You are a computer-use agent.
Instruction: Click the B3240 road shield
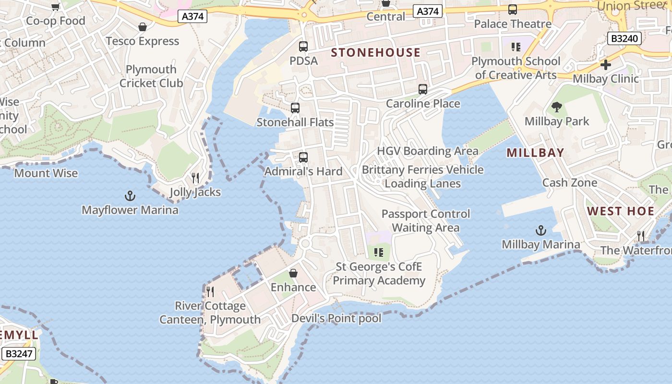coord(624,38)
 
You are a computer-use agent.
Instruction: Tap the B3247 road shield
coord(18,354)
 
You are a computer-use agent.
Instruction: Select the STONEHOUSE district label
coord(376,52)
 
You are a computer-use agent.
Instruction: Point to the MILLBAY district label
coord(535,153)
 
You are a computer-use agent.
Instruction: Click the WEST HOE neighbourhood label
coord(621,211)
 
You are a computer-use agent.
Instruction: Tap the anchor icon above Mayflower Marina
coord(130,196)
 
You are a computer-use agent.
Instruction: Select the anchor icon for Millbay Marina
coord(541,230)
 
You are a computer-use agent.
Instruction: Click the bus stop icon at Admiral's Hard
coord(303,157)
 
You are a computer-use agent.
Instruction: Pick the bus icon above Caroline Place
coord(422,89)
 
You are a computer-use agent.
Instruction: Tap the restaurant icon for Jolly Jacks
coord(195,178)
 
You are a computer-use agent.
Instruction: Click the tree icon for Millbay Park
coord(557,107)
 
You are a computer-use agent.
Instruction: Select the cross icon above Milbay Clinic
coord(606,65)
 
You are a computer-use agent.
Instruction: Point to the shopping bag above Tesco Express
coord(142,27)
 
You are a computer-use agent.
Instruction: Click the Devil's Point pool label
coord(336,318)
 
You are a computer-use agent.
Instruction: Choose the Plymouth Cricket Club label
coord(151,76)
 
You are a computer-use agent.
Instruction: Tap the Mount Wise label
coord(46,173)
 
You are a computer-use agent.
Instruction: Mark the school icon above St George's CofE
coord(379,252)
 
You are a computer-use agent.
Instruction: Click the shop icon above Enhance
coord(293,273)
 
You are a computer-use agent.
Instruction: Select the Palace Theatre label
coord(513,24)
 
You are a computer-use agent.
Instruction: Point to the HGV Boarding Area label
coord(428,151)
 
